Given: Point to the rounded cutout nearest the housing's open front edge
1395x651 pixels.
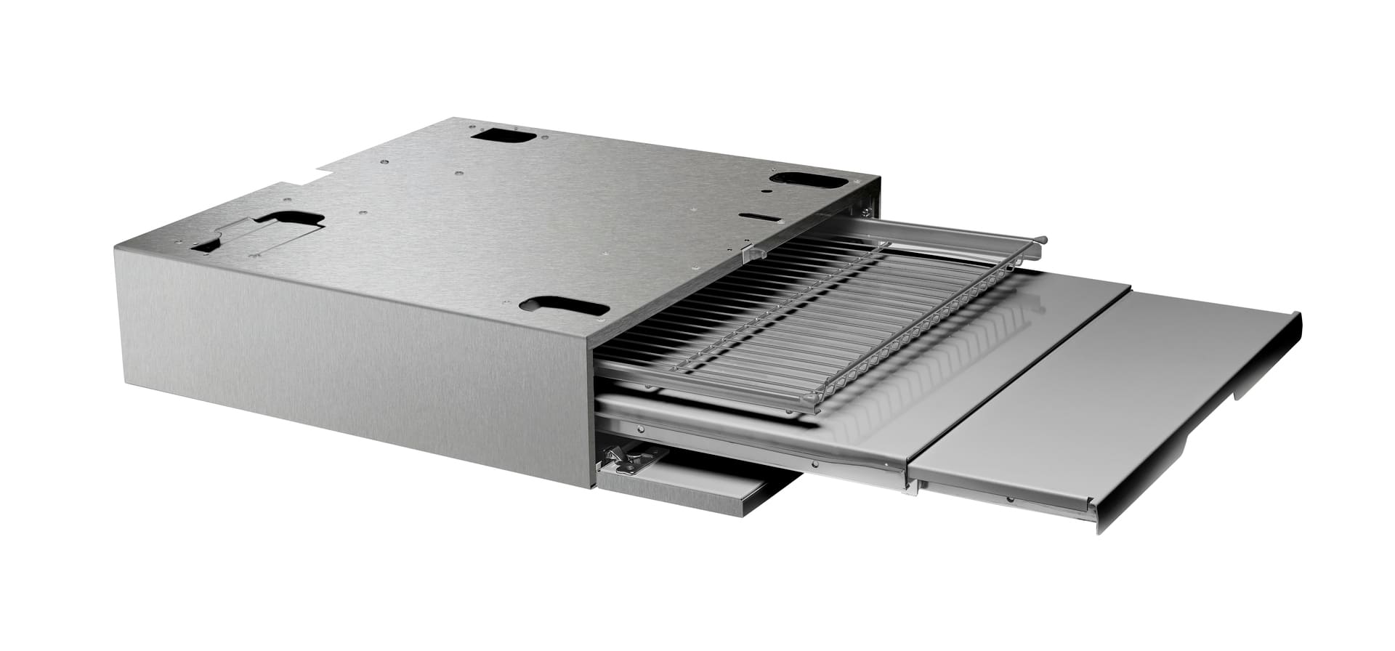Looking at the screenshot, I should click(564, 306).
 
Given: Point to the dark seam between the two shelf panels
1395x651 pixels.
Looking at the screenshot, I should click(1017, 378).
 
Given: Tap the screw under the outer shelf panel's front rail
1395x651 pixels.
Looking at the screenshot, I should click(1010, 499).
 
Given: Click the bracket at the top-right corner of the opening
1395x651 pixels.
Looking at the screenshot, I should click(866, 211).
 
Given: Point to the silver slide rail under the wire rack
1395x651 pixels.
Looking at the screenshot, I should click(727, 432).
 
